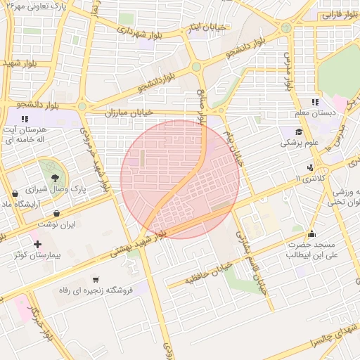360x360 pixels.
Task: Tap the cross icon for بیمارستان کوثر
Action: click(38, 244)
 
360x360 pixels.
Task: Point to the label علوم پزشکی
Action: click(300, 142)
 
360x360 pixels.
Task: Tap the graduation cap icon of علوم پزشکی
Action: click(300, 131)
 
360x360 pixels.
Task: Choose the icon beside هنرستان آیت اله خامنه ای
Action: click(25, 120)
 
